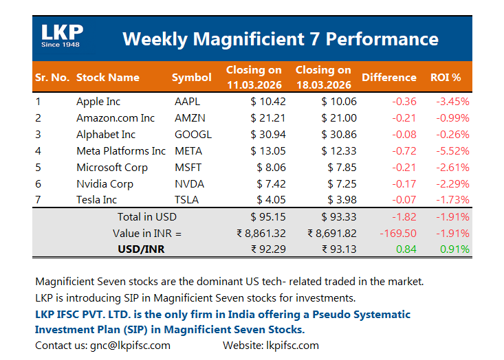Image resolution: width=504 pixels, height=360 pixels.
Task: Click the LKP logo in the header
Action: tap(62, 36)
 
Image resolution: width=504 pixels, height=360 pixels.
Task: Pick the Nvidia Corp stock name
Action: tap(105, 183)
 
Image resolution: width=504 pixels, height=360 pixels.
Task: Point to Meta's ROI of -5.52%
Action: tap(452, 151)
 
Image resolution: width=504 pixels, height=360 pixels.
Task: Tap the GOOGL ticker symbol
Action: tap(193, 135)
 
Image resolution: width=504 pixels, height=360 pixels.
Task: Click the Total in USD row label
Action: tap(146, 217)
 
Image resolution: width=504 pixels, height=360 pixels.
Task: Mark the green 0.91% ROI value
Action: tap(454, 249)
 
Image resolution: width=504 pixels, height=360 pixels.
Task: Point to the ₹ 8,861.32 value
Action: tap(262, 233)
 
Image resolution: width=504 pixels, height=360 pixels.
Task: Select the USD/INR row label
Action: tap(142, 249)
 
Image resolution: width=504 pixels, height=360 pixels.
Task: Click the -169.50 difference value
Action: tap(398, 233)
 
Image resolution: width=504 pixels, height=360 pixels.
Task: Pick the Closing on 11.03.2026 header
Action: tap(254, 78)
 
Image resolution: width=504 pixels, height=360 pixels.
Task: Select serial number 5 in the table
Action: tap(39, 168)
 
